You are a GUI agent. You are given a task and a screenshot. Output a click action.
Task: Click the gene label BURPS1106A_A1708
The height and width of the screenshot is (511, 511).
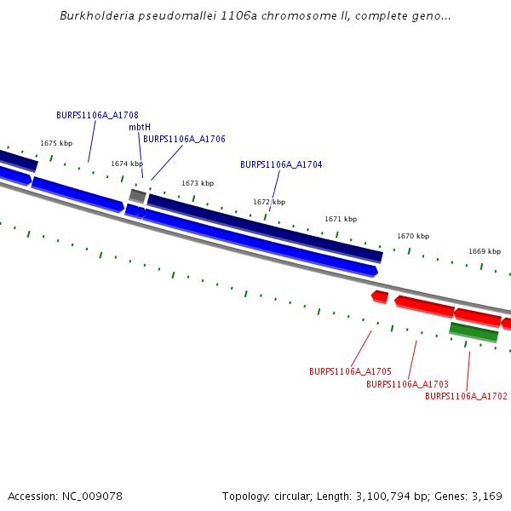[97, 115]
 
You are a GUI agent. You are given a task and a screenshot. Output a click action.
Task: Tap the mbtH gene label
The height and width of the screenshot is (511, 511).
[140, 127]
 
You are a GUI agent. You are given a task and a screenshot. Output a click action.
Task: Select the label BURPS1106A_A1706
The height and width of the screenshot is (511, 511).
[184, 139]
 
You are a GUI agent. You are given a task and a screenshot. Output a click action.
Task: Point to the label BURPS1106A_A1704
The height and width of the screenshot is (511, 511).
[281, 164]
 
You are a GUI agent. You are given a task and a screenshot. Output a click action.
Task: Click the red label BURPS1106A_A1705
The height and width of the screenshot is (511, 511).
[350, 371]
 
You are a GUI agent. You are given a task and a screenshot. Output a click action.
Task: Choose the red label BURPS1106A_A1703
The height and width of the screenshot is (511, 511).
[407, 384]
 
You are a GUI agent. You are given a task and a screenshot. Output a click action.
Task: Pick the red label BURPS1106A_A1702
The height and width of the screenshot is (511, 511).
[466, 396]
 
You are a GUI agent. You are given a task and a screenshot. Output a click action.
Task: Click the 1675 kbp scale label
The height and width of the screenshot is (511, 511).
[56, 144]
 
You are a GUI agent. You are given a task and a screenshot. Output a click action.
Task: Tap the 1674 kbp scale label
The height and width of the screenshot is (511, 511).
[127, 164]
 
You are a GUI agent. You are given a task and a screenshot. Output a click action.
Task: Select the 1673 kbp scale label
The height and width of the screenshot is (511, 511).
[198, 183]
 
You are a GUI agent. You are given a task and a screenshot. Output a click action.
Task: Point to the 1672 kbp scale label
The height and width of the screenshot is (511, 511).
[269, 202]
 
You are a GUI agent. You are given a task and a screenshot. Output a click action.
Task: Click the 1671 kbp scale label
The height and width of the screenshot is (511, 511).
[341, 219]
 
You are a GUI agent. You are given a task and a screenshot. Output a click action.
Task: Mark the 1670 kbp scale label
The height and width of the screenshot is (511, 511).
[413, 236]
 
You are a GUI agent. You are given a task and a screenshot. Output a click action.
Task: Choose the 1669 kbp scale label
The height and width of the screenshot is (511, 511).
[485, 251]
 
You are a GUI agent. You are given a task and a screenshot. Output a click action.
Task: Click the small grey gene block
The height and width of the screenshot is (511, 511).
[137, 196]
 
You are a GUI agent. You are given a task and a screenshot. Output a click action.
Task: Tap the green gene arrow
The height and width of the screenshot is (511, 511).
[474, 331]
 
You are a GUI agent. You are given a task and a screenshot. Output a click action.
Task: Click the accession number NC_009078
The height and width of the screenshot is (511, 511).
[93, 496]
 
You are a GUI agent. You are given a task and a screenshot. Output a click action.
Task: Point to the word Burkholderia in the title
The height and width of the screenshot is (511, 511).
[96, 16]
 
